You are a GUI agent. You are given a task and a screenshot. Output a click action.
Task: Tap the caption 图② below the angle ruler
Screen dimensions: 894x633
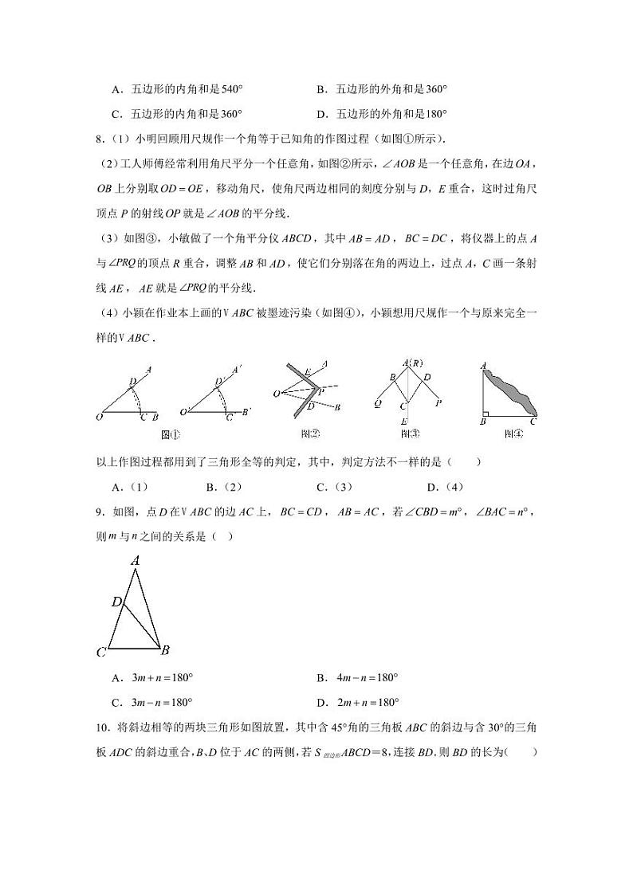[311, 434]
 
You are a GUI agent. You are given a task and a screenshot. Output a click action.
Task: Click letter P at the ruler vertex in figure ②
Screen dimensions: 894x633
[320, 391]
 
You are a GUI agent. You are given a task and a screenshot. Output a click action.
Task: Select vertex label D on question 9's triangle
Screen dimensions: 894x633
[116, 602]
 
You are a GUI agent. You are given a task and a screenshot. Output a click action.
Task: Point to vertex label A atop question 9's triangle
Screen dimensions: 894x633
[136, 561]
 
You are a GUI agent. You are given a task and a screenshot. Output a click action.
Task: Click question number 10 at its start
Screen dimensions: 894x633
[101, 727]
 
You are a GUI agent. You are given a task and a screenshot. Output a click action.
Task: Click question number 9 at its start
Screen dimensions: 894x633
[99, 512]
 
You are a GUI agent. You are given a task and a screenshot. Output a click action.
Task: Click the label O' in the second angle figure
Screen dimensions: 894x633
[185, 412]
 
